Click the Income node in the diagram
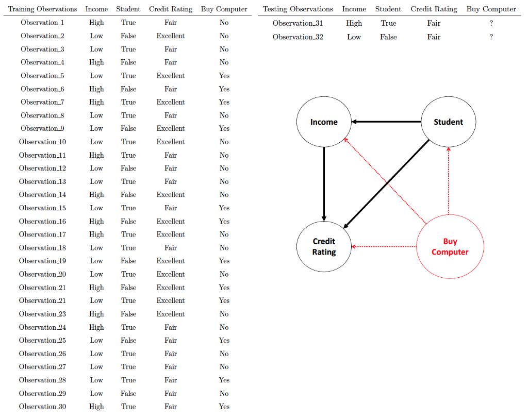tap(324, 122)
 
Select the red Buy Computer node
tap(450, 247)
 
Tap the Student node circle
tap(449, 122)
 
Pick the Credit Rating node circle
tap(324, 247)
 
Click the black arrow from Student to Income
tap(387, 122)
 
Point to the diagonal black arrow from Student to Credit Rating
tap(387, 183)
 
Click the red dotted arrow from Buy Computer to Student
tap(449, 180)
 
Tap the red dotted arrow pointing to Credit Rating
tap(384, 247)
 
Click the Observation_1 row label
tap(42, 23)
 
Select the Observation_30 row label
tap(42, 407)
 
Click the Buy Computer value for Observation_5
tap(224, 76)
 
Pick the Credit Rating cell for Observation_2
tap(171, 36)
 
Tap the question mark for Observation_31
tap(491, 23)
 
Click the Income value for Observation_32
tap(354, 37)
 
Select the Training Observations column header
tap(42, 9)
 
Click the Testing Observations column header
tap(298, 9)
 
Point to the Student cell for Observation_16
tap(128, 222)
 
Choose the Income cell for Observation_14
tap(96, 195)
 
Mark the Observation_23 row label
tap(42, 314)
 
